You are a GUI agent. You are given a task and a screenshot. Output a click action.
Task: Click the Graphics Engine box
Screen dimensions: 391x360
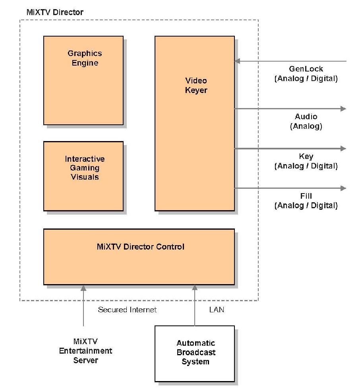click(83, 80)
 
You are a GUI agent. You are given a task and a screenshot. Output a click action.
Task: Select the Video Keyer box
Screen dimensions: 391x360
click(194, 123)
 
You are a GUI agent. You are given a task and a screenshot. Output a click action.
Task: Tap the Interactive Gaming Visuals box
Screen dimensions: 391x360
click(83, 176)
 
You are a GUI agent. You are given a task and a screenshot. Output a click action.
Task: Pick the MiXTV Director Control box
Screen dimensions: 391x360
click(139, 256)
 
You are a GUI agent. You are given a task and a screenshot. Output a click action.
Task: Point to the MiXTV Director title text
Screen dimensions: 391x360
click(55, 12)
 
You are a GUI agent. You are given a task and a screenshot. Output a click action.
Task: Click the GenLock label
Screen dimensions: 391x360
click(306, 69)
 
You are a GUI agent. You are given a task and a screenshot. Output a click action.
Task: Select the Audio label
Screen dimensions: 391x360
click(306, 117)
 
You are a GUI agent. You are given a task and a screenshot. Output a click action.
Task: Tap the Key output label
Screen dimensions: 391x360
click(306, 157)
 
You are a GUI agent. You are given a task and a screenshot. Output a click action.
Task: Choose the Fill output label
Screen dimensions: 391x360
click(306, 196)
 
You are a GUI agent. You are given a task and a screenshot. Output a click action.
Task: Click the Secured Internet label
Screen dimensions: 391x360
click(127, 310)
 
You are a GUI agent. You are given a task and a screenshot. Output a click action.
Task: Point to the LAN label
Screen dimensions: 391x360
click(217, 310)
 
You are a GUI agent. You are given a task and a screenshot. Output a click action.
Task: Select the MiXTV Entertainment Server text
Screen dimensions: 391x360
click(85, 351)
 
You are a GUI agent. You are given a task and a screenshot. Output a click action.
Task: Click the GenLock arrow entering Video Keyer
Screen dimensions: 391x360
click(290, 61)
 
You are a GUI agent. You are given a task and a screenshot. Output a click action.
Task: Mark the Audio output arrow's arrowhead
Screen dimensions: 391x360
click(343, 108)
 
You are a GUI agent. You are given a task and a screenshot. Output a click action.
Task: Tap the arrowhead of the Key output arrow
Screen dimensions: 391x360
click(343, 148)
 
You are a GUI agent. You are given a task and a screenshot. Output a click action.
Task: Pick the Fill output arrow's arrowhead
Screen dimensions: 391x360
click(343, 188)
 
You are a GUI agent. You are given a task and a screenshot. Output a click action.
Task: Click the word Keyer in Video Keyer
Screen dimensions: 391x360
click(196, 90)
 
